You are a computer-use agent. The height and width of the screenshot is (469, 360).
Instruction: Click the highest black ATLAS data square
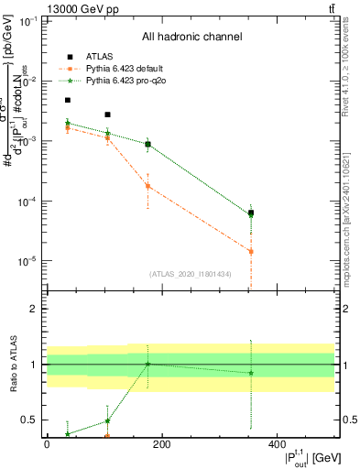pyautogui.click(x=67, y=100)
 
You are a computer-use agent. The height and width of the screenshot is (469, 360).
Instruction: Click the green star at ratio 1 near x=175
pyautogui.click(x=147, y=364)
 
